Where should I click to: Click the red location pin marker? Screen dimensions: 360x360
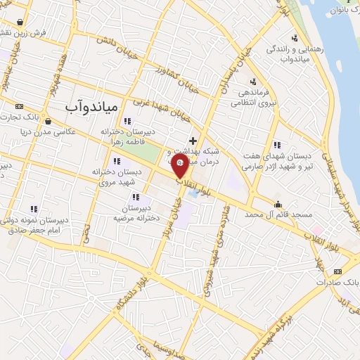(181, 166)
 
